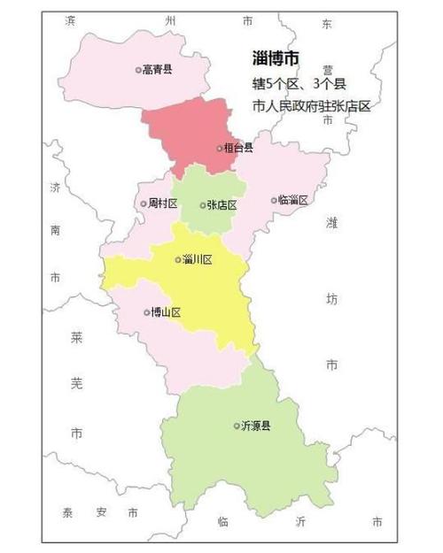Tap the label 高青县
pyautogui.click(x=159, y=69)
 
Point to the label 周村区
pyautogui.click(x=163, y=204)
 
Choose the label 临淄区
pyautogui.click(x=293, y=200)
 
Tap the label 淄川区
pyautogui.click(x=198, y=259)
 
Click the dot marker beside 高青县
pyautogui.click(x=138, y=69)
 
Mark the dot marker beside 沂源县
pyautogui.click(x=236, y=426)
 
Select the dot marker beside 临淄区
pyautogui.click(x=274, y=200)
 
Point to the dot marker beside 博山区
pyautogui.click(x=146, y=312)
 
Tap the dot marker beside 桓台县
pyautogui.click(x=219, y=148)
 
